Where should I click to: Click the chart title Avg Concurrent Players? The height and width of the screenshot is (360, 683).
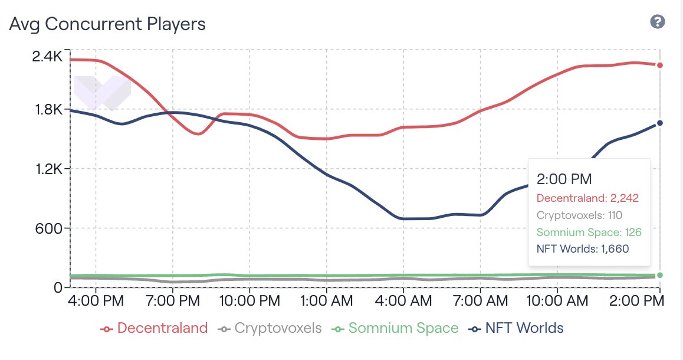tap(107, 24)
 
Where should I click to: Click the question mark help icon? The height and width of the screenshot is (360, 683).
tap(658, 22)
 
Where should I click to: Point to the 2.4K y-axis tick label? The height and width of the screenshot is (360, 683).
tap(47, 57)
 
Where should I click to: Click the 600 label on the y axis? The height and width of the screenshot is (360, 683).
tap(50, 228)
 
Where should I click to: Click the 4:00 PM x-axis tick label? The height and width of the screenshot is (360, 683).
tap(96, 302)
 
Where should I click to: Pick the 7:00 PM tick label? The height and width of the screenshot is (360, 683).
tap(173, 302)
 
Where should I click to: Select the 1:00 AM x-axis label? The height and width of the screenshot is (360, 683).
tap(326, 302)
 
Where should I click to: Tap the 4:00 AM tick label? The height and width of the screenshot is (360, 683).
tap(403, 302)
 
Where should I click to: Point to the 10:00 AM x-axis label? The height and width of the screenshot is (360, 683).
tap(557, 302)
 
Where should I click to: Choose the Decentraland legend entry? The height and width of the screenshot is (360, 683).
tap(155, 328)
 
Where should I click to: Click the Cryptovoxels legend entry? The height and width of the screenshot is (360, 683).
tap(271, 328)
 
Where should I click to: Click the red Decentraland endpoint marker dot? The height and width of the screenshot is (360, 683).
tap(660, 66)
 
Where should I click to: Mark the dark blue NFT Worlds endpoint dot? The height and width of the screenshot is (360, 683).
tap(660, 123)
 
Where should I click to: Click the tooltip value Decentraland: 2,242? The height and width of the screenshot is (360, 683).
tap(587, 198)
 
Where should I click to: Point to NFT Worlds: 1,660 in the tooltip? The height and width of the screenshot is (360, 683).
tap(583, 249)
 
